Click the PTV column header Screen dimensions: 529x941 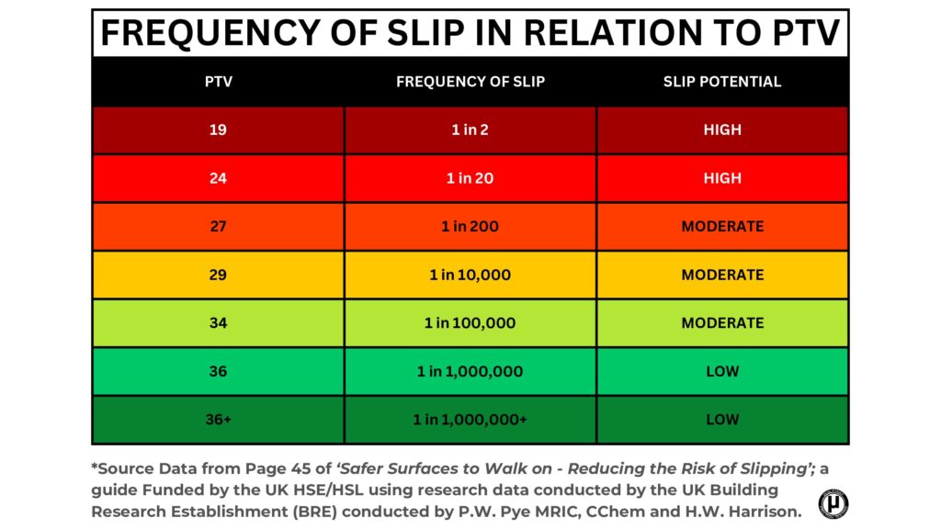click(218, 82)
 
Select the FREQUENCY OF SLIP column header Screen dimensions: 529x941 click(470, 82)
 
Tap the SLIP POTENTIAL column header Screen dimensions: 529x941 click(722, 82)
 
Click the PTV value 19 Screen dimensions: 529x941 click(218, 130)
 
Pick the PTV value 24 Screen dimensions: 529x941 click(218, 178)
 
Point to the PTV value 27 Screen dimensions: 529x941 click(218, 227)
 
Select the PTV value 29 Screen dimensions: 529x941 click(218, 275)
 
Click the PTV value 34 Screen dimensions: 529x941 click(218, 323)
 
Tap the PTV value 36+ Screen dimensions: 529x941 click(218, 420)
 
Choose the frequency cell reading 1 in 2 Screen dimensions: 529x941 click(470, 130)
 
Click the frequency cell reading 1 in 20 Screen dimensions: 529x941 click(470, 178)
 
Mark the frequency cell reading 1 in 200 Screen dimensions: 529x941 click(470, 227)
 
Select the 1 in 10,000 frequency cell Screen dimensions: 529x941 click(470, 275)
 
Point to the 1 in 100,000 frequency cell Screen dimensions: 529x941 click(470, 323)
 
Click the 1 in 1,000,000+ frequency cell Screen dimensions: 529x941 click(470, 420)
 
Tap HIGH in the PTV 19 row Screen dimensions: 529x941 click(722, 130)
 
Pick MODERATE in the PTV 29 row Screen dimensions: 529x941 click(722, 275)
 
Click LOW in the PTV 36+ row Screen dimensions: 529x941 click(722, 420)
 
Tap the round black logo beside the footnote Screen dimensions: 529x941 click(833, 503)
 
